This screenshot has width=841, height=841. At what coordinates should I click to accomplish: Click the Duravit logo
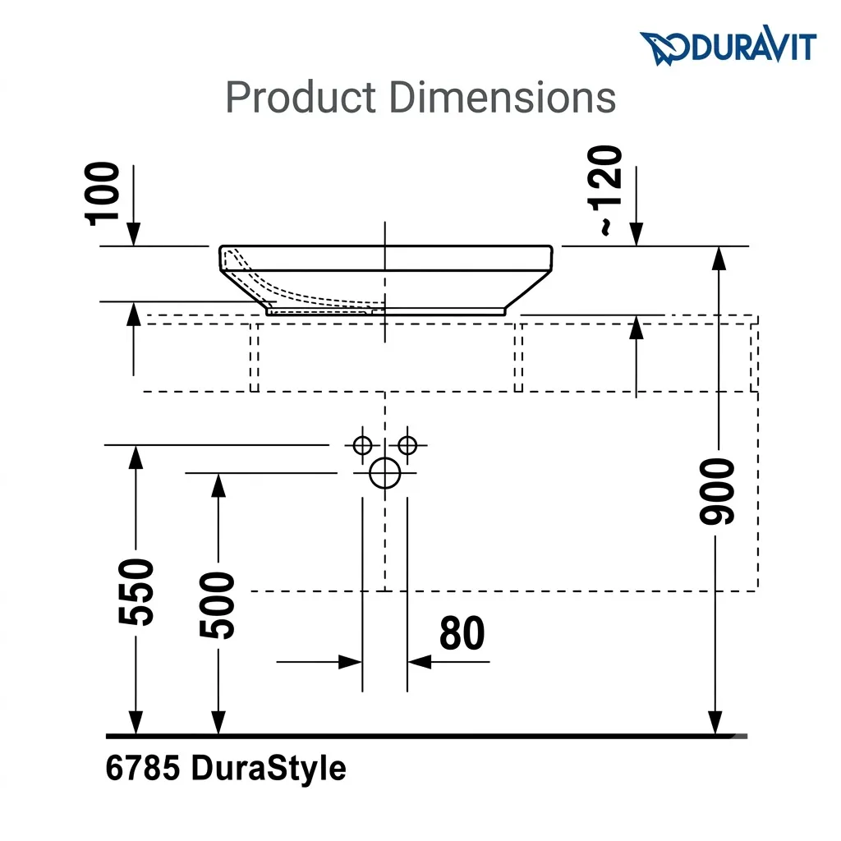tap(728, 46)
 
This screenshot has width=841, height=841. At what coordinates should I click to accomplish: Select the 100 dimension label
tap(102, 194)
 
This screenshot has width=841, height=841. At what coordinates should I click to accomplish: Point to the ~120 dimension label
tap(605, 191)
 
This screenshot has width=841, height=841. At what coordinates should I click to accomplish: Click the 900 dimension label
tap(717, 491)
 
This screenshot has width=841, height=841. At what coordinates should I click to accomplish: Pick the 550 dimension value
tap(136, 591)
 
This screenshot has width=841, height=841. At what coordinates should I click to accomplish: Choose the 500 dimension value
tap(217, 605)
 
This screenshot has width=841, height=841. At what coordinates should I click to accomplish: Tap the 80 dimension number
tap(462, 633)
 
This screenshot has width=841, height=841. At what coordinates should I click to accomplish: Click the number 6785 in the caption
tap(143, 768)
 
